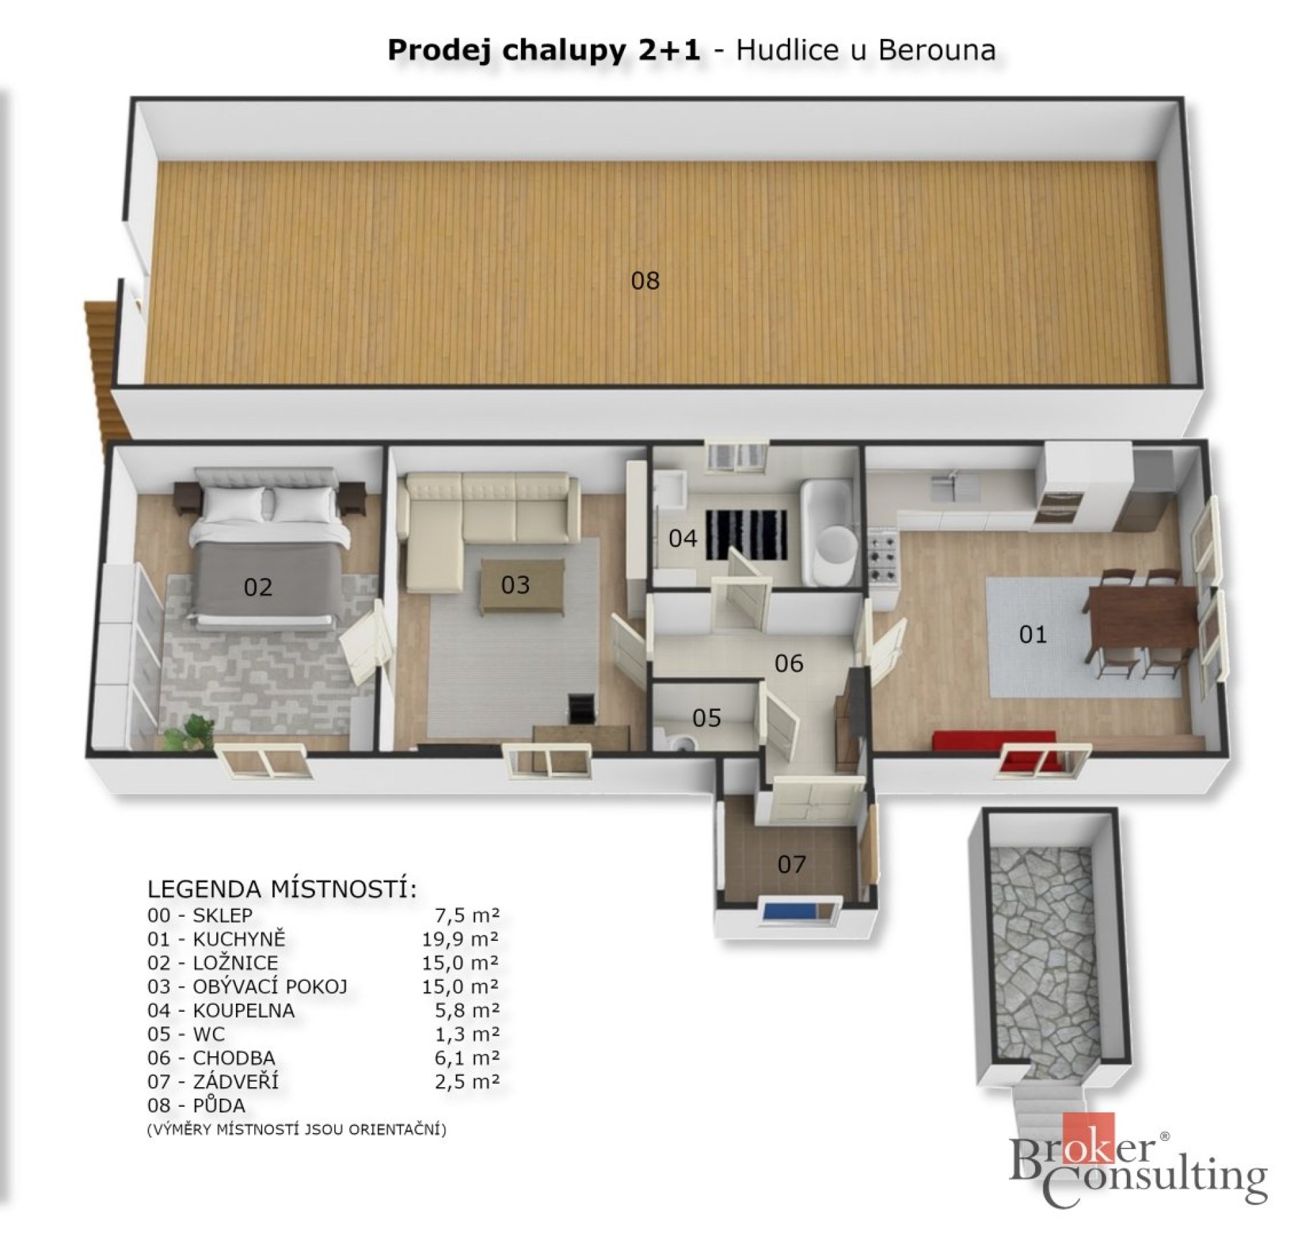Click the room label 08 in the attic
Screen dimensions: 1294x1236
coord(645,281)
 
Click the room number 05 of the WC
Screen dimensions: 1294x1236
coord(706,718)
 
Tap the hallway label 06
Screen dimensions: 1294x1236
coord(789,663)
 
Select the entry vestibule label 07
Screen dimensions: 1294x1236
coord(791,864)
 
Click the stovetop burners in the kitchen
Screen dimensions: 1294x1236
coord(883,554)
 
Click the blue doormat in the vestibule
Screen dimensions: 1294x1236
coord(789,912)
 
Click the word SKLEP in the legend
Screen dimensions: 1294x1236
coord(222,915)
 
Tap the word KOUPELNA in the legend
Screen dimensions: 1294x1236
coord(243,1010)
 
